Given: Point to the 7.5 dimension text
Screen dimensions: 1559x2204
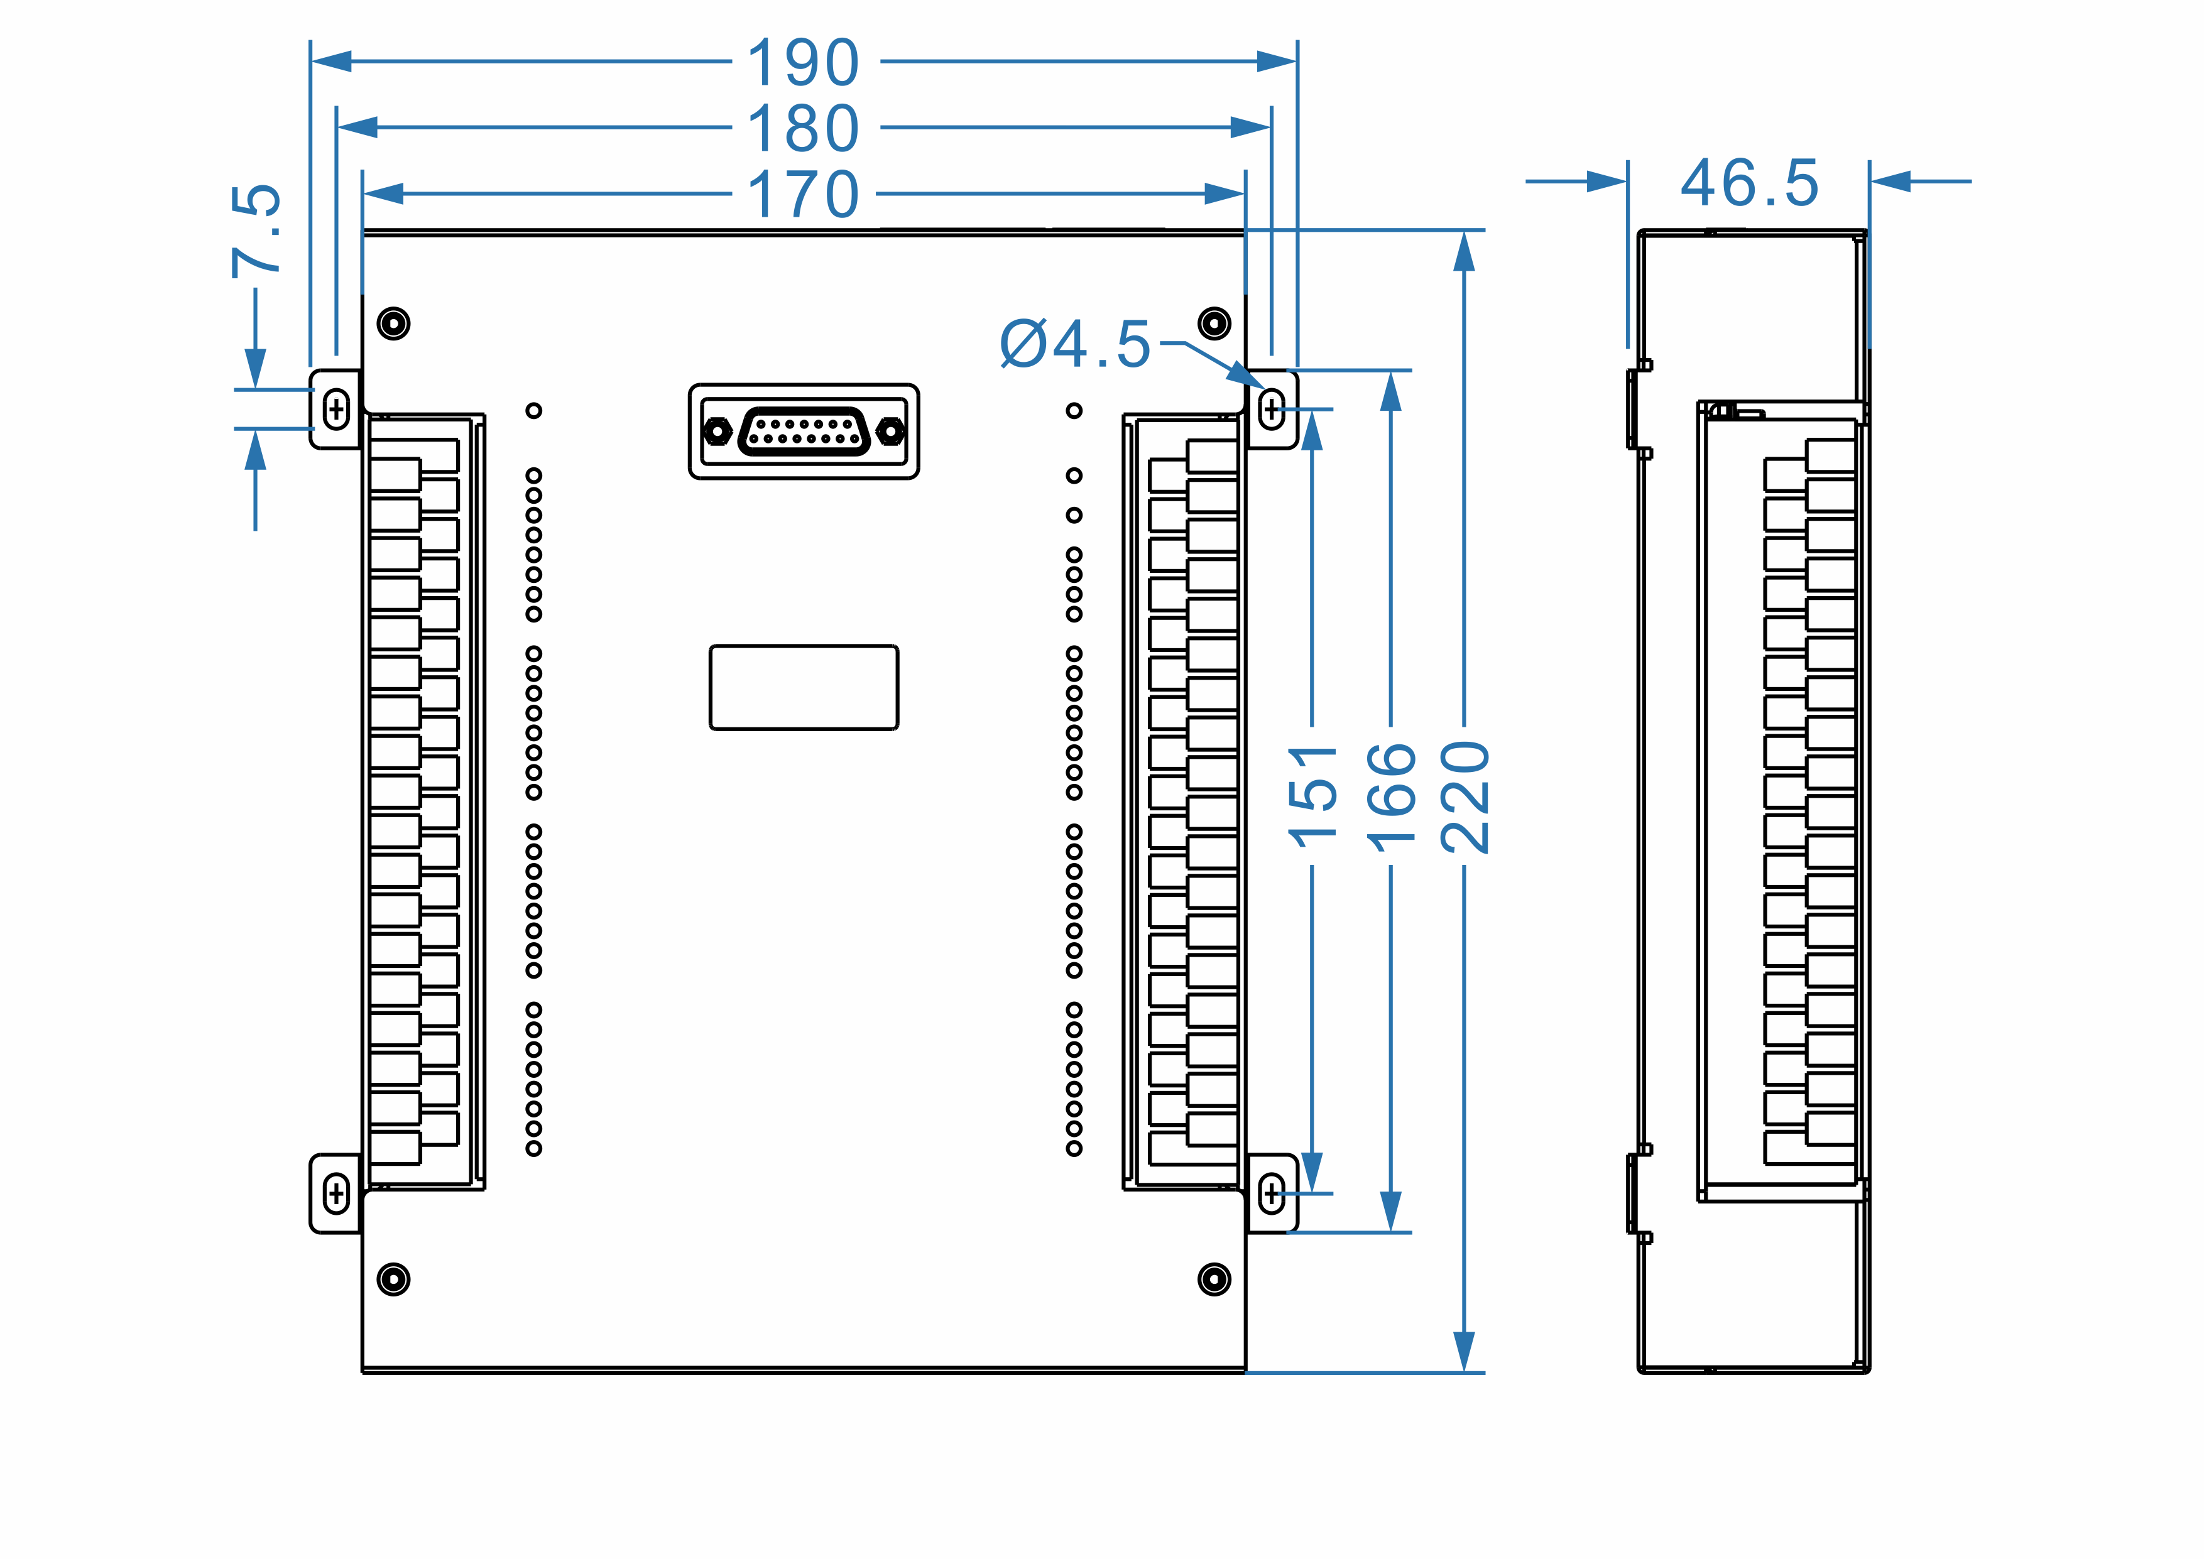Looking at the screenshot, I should pyautogui.click(x=256, y=231).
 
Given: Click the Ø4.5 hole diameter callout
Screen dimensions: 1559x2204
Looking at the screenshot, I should pyautogui.click(x=1075, y=344).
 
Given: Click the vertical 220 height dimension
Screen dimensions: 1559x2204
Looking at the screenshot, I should pyautogui.click(x=1465, y=797).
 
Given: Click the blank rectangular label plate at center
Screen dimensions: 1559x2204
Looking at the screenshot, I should pyautogui.click(x=804, y=687).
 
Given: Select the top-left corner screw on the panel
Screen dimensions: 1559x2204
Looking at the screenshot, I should pyautogui.click(x=393, y=323).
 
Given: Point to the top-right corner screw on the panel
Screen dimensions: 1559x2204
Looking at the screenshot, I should pyautogui.click(x=1214, y=323).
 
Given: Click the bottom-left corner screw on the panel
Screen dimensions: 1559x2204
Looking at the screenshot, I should pyautogui.click(x=393, y=1279).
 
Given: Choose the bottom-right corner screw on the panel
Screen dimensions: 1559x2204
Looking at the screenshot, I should pyautogui.click(x=1214, y=1279).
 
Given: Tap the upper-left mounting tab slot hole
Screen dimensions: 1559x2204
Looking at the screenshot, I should pyautogui.click(x=336, y=410).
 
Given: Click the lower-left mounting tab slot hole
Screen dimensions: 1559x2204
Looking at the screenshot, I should pyautogui.click(x=336, y=1194).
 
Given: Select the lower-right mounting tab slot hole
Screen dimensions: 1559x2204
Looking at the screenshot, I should pyautogui.click(x=1272, y=1194).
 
